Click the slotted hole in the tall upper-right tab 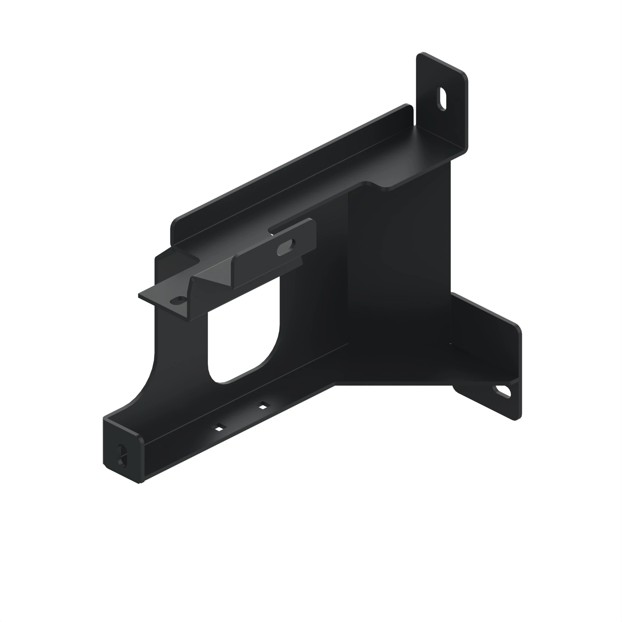tap(442, 99)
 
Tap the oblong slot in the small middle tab tap(286, 248)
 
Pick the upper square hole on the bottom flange tap(263, 406)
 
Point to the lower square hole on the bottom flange tap(219, 428)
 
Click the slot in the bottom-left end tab tap(122, 455)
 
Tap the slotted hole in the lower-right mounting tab tap(502, 392)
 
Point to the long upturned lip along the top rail tap(290, 167)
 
